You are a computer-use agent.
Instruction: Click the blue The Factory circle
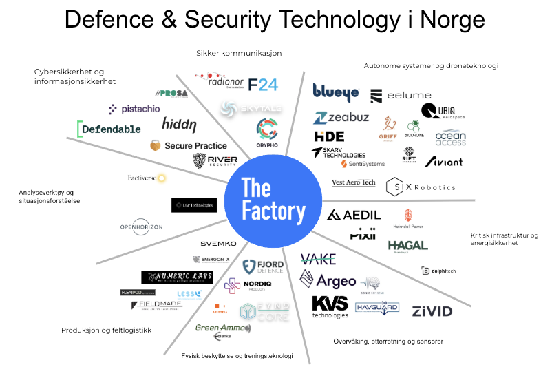[274, 200]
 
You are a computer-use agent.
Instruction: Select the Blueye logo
[336, 93]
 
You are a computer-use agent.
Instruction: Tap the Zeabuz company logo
[341, 118]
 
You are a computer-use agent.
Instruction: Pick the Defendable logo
[109, 129]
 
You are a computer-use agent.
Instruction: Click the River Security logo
[215, 161]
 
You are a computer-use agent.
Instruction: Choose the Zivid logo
[432, 311]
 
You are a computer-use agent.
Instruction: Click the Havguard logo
[377, 307]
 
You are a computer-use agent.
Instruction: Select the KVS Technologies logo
[330, 306]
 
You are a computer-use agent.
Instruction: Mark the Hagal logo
[407, 246]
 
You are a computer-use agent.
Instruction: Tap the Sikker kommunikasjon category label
[240, 53]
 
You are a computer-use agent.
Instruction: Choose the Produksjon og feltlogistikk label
[106, 330]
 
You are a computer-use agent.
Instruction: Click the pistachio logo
[135, 109]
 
